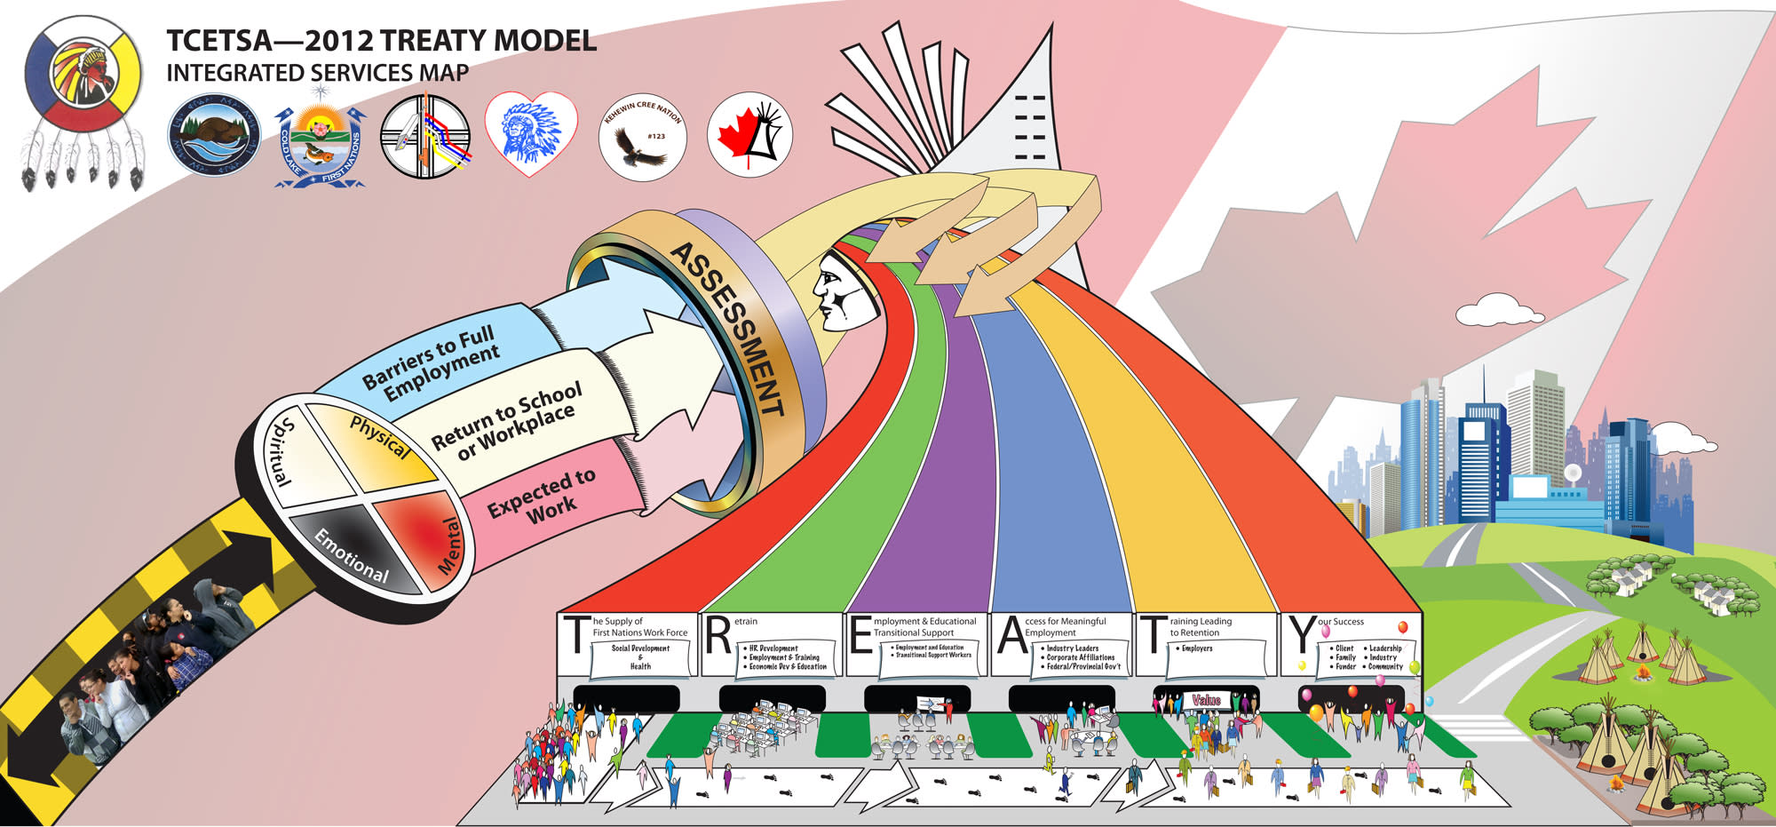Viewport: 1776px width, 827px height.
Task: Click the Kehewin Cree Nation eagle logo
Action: (x=642, y=136)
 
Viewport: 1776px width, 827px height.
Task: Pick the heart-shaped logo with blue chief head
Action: (x=531, y=133)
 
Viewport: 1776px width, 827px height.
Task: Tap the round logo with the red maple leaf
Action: (x=749, y=136)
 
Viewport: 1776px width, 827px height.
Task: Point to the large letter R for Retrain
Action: (x=718, y=637)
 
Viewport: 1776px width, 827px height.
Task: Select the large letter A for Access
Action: (x=1011, y=637)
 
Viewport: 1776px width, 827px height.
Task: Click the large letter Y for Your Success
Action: (x=1303, y=636)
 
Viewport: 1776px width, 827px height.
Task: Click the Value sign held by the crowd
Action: (x=1206, y=700)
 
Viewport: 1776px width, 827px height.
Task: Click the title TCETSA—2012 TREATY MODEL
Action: (x=381, y=41)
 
